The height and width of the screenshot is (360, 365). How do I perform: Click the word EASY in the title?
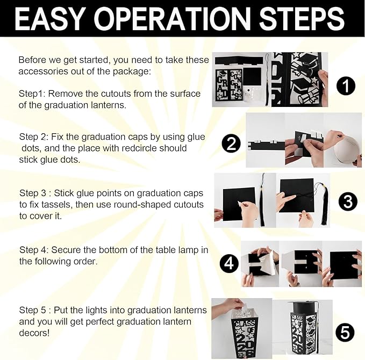pos(49,18)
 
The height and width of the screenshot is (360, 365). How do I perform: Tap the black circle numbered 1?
pos(346,85)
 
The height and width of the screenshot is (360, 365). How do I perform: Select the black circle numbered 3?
pos(348,201)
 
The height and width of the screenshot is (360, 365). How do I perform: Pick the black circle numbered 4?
pos(229,263)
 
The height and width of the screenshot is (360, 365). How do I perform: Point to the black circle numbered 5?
pos(345,332)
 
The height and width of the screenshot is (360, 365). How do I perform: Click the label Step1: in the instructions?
pos(32,94)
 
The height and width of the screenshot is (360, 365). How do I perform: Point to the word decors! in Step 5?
pos(34,333)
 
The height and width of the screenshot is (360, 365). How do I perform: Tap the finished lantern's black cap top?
pos(302,306)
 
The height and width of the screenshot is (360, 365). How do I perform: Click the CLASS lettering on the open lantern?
pos(245,324)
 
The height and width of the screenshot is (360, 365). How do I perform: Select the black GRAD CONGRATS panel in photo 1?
pos(229,84)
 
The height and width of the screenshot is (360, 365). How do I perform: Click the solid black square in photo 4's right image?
pos(343,266)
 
